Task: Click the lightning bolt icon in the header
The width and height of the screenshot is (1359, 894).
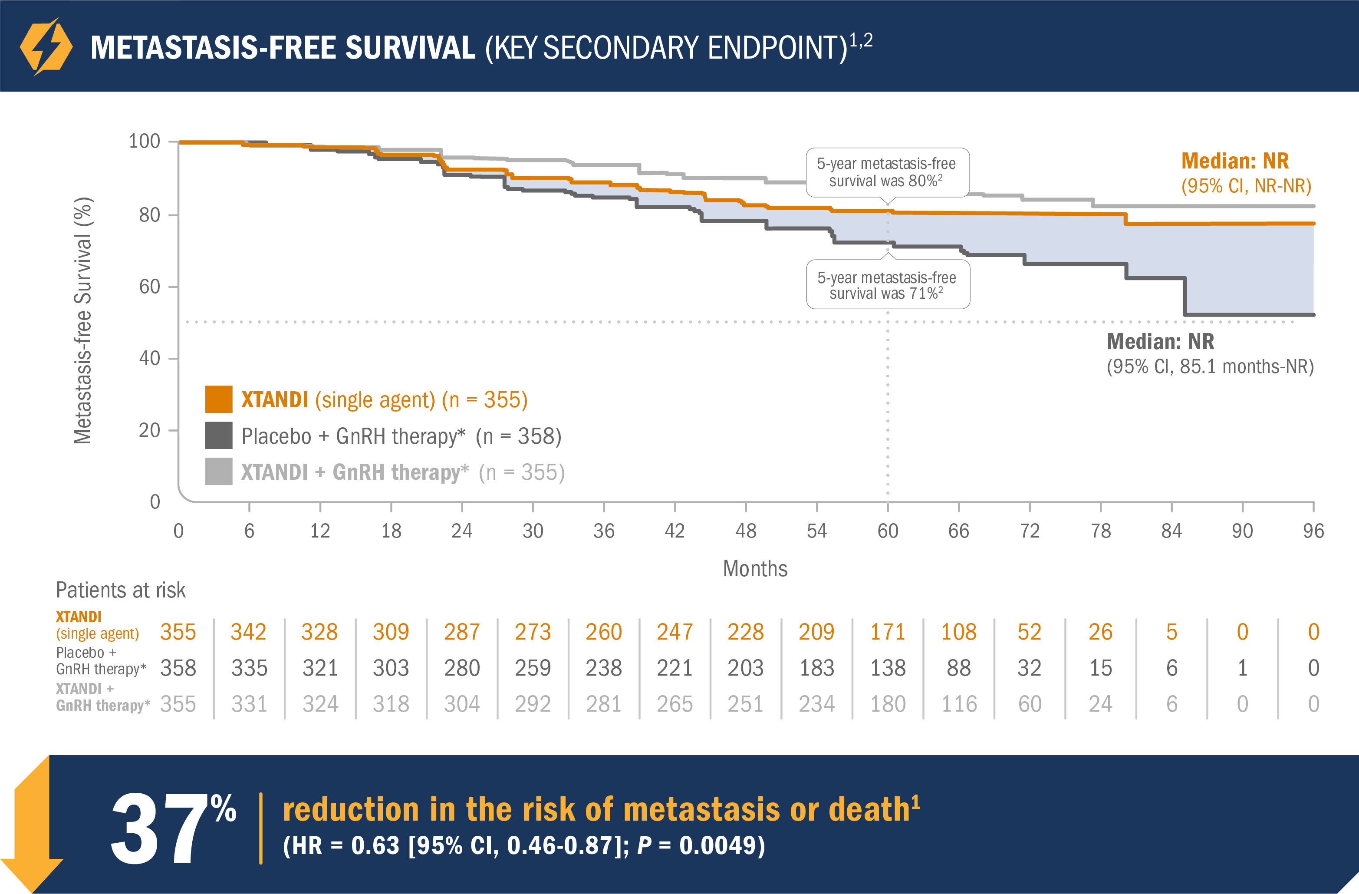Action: pos(46,47)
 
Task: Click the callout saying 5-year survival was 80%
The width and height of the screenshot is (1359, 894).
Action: pos(887,172)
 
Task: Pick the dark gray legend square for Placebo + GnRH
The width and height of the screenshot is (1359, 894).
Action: pos(219,435)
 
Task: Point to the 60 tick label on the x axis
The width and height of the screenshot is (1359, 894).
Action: pos(887,531)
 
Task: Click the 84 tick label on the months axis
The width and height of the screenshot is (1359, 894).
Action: pos(1171,531)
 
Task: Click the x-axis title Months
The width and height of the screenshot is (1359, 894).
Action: pos(755,569)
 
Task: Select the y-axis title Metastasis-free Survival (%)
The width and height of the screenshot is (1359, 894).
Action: pos(83,320)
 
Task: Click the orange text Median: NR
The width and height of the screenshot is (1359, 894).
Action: pos(1234,161)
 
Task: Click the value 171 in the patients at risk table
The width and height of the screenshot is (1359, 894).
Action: pos(887,632)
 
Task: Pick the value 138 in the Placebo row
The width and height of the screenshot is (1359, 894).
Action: pos(887,668)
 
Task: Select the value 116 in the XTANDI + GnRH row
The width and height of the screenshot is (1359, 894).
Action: pos(959,704)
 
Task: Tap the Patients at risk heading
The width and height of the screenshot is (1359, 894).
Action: pos(121,590)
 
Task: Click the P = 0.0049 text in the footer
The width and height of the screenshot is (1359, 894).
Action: pos(701,845)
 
